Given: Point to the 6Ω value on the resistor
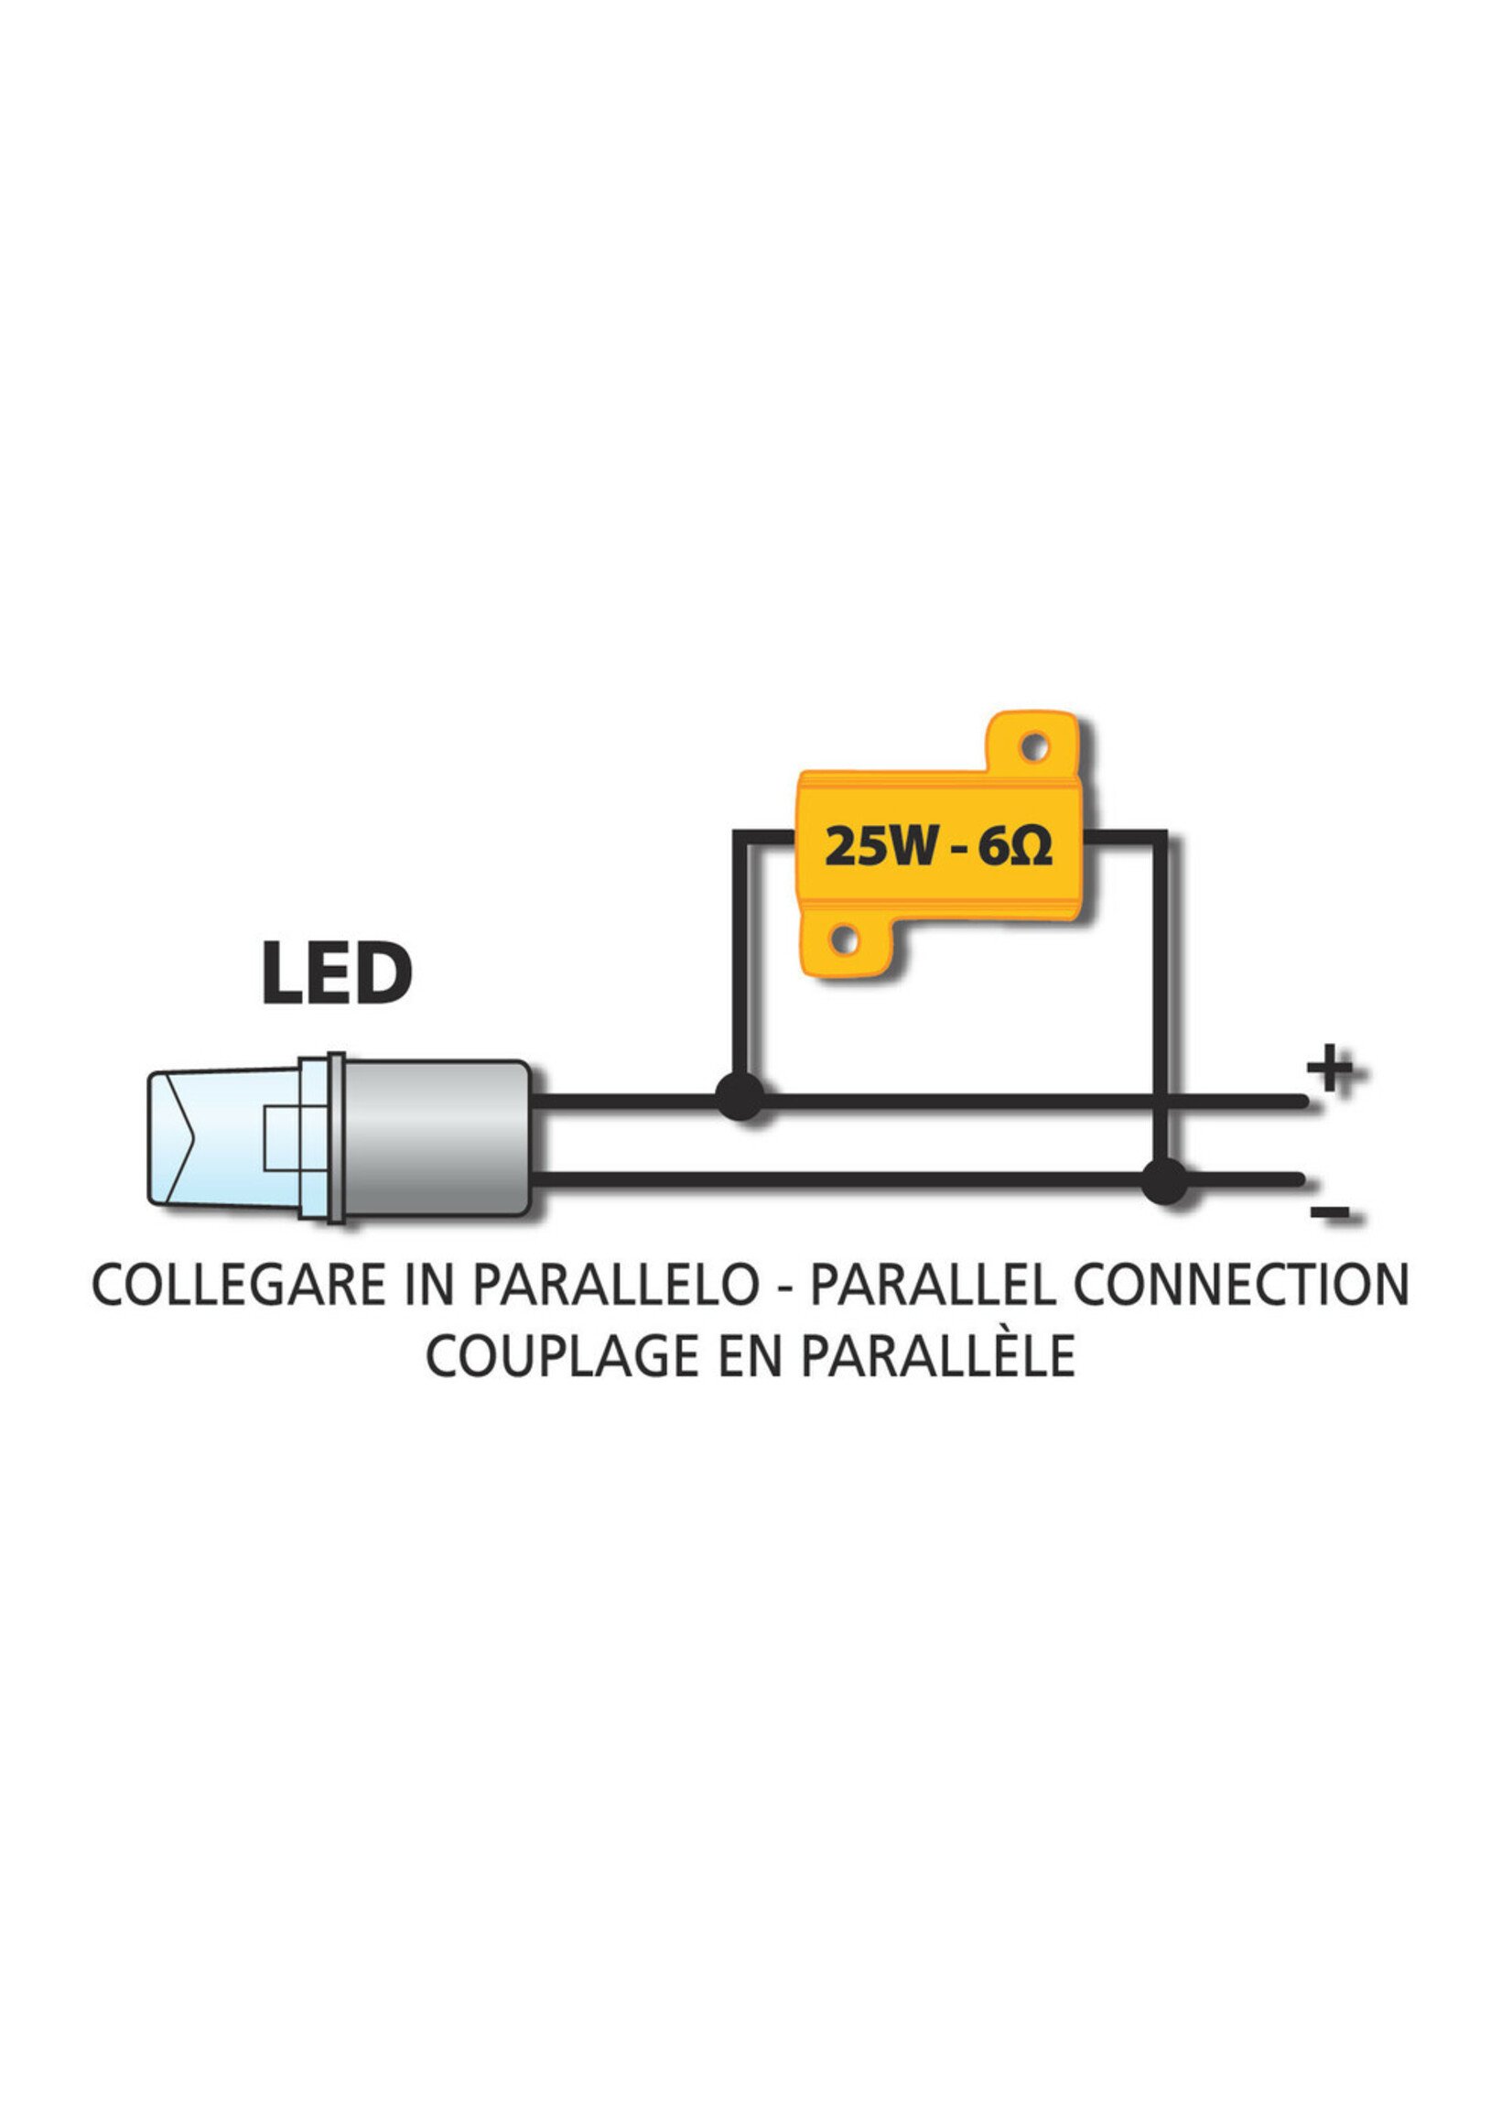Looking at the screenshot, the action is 1016,847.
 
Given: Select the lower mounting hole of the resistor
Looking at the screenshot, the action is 844,939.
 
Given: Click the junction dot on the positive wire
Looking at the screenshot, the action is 740,1095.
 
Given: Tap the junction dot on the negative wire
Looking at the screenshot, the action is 1165,1181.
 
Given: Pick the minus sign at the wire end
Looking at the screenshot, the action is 1330,1211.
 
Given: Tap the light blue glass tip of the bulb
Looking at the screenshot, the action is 223,1138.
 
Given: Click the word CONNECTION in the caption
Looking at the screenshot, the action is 1241,1285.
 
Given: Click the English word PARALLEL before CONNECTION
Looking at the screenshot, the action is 934,1285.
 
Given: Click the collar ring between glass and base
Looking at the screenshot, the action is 335,1138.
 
